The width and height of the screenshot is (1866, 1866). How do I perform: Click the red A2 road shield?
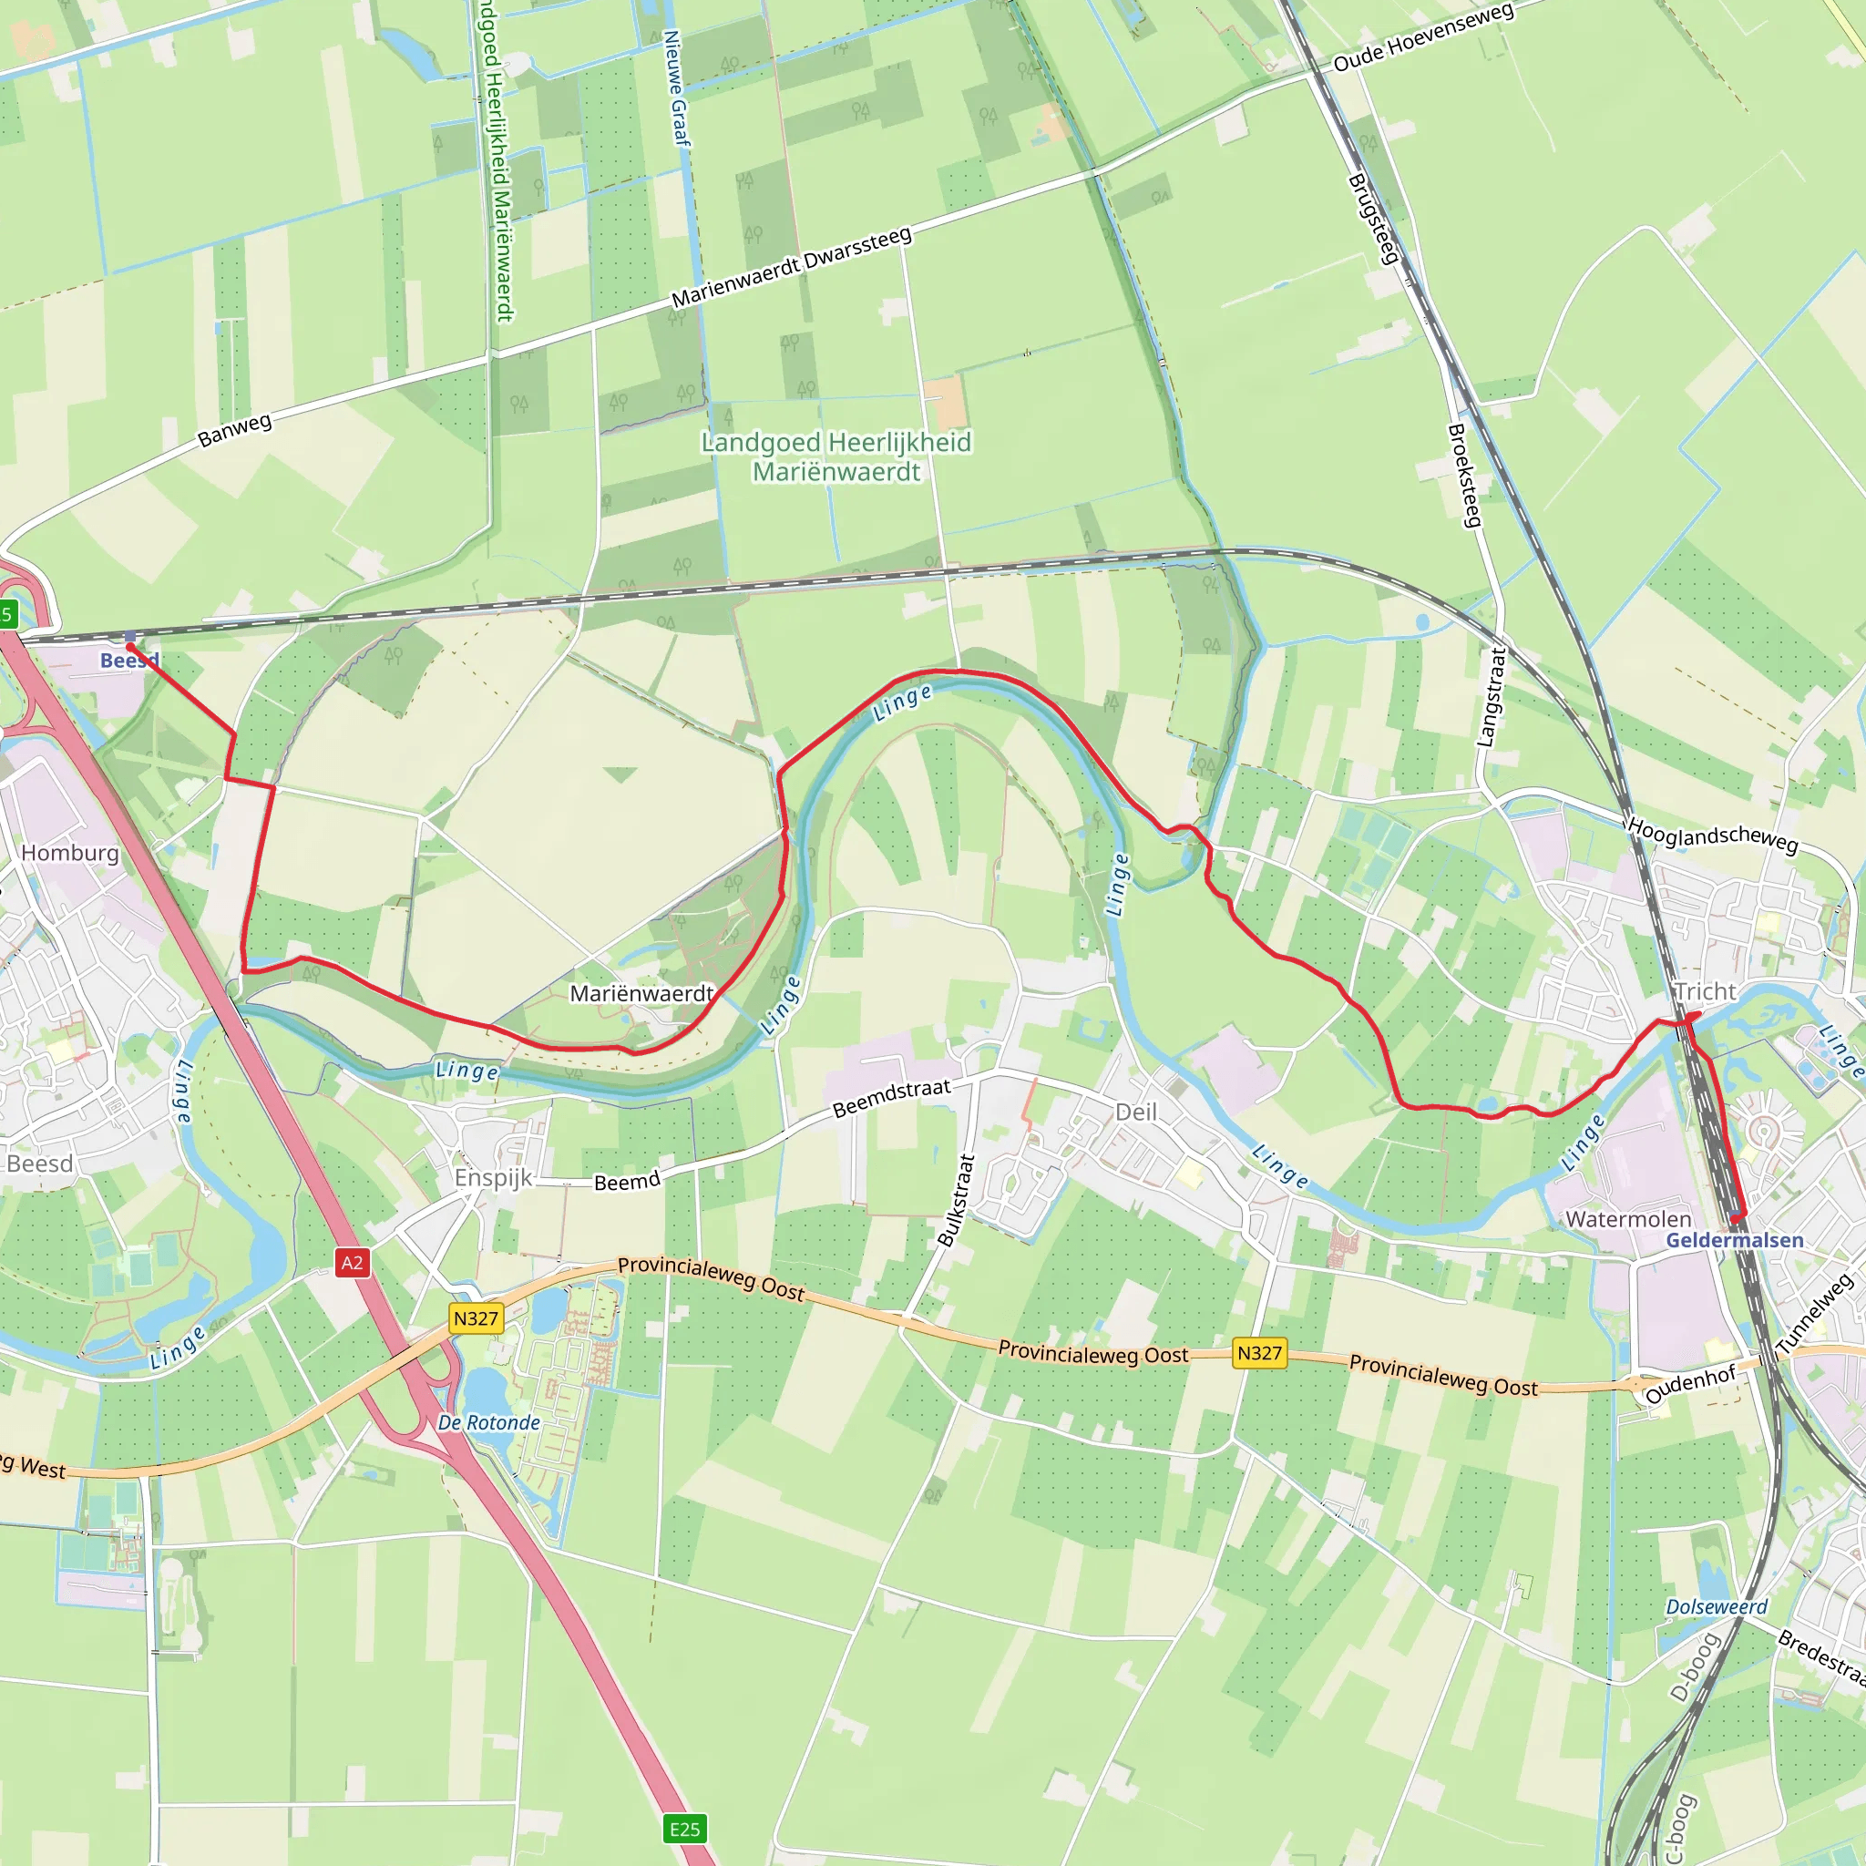pos(353,1262)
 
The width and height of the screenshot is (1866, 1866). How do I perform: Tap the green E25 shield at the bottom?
pos(685,1829)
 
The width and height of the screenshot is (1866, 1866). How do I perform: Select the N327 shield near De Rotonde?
pos(477,1318)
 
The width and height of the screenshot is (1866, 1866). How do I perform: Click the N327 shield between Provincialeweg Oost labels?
pos(1259,1353)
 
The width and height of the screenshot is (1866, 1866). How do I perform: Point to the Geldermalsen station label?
pos(1735,1240)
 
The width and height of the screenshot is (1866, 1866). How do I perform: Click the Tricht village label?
pos(1706,992)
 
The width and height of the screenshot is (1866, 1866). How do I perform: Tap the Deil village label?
pos(1136,1112)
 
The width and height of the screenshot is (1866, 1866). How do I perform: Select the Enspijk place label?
pos(494,1177)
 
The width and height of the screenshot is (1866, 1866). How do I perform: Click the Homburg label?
pos(70,853)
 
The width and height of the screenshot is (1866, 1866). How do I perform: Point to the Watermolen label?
pos(1628,1219)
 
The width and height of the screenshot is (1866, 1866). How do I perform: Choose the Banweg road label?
pos(235,430)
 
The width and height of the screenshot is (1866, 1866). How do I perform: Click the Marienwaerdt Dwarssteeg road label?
pos(791,268)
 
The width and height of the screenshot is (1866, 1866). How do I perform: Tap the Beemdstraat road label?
pos(891,1098)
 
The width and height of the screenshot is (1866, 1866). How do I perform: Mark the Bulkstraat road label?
pos(956,1200)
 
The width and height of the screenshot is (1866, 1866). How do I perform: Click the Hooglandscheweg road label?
pos(1712,836)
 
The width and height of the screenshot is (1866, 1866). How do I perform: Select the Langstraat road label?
pos(1492,696)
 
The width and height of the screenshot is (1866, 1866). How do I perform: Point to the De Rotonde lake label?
pos(488,1422)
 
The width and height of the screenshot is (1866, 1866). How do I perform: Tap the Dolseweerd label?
pos(1717,1606)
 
